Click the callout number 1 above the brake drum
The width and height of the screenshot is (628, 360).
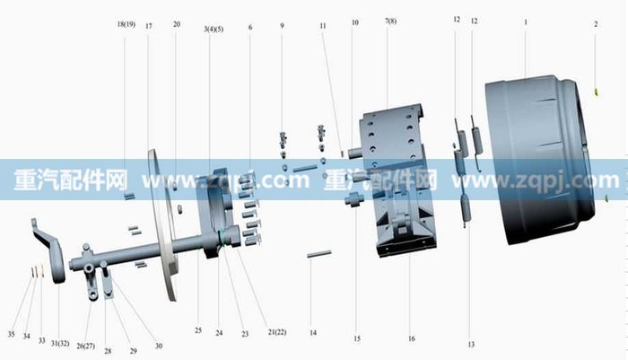click(x=526, y=22)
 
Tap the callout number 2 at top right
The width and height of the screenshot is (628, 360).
click(x=596, y=24)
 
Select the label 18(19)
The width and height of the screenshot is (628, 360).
click(x=126, y=24)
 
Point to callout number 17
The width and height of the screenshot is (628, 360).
click(x=149, y=26)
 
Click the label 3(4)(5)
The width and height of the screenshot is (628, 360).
click(x=214, y=30)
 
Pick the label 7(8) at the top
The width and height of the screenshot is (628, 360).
click(x=390, y=21)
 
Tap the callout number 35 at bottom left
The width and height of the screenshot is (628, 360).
click(x=11, y=334)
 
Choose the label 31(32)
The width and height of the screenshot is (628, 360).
click(x=60, y=344)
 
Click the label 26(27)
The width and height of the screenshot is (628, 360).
click(x=86, y=346)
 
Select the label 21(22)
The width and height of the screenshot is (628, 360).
click(x=277, y=332)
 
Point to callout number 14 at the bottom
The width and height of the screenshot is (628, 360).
click(x=313, y=333)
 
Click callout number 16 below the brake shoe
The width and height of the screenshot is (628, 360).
click(x=412, y=338)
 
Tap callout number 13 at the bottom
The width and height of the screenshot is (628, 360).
click(x=471, y=345)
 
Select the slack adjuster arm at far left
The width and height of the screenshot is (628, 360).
click(x=50, y=250)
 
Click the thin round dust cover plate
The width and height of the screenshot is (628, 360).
click(x=163, y=224)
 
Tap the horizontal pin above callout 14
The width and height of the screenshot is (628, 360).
click(x=319, y=254)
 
